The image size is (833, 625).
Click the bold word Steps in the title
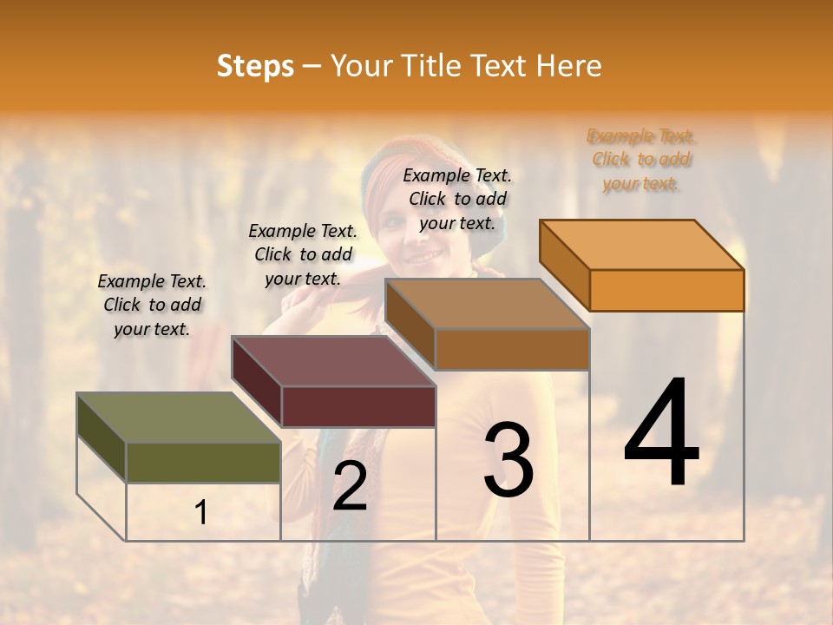(255, 66)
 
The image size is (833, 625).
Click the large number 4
(661, 434)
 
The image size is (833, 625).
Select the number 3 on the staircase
(508, 460)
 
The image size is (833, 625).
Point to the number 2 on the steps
(350, 486)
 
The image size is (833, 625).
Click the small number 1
(201, 513)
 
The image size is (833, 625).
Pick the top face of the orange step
(642, 245)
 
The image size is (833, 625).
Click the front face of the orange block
(666, 290)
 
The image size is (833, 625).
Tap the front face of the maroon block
(358, 406)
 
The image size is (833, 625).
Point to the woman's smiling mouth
(424, 258)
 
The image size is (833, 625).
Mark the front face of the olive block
(203, 463)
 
